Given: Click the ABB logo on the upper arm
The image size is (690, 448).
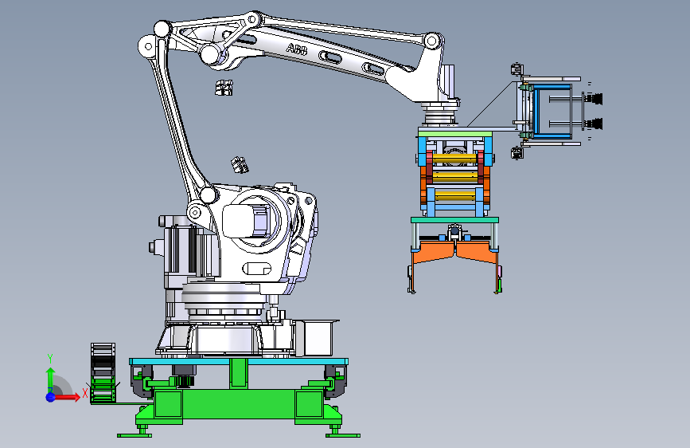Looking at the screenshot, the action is coord(296,49).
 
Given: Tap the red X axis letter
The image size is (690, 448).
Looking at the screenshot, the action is coord(85,393).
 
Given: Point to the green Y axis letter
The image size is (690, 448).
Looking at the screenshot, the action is coord(50,359).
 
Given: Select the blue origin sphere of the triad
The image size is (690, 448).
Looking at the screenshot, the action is coord(51,397).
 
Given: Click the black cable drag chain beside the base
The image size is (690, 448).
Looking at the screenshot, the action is coord(103,373).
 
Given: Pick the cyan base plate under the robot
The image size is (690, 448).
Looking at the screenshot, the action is coord(239,361).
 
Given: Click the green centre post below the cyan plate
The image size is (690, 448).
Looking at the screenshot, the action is coord(239,373).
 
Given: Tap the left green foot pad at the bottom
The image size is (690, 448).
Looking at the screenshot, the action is coord(134,435).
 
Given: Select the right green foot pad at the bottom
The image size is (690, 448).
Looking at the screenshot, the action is coord(343,435).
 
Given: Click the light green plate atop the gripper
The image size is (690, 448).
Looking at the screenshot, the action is coord(455,132).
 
